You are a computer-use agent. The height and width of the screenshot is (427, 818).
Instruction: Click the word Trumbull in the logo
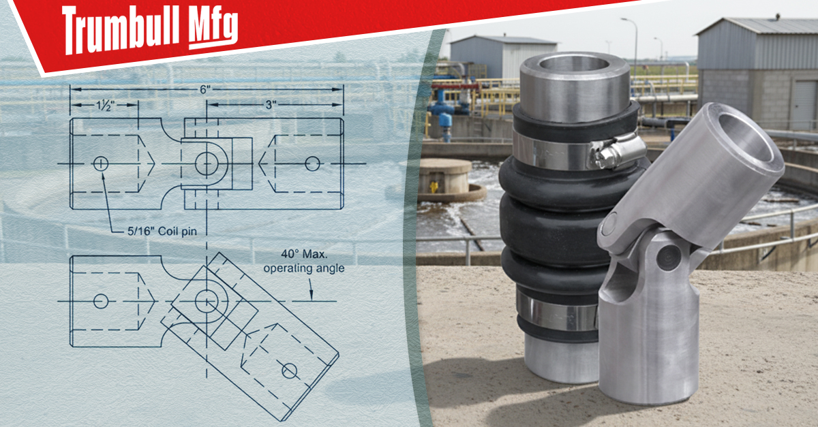(121, 31)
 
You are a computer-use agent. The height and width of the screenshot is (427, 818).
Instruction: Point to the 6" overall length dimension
(206, 89)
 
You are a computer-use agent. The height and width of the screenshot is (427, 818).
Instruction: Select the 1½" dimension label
(105, 105)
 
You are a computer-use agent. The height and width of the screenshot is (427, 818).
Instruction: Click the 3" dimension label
(270, 105)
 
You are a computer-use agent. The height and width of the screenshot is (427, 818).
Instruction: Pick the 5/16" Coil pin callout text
(162, 232)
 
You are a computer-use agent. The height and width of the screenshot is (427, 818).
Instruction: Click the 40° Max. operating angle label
(304, 261)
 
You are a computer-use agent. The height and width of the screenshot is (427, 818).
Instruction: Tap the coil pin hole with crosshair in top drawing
(101, 163)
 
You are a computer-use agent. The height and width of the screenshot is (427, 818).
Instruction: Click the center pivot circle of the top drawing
(207, 163)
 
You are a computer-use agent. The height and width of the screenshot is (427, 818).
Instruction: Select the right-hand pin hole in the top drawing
(312, 163)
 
